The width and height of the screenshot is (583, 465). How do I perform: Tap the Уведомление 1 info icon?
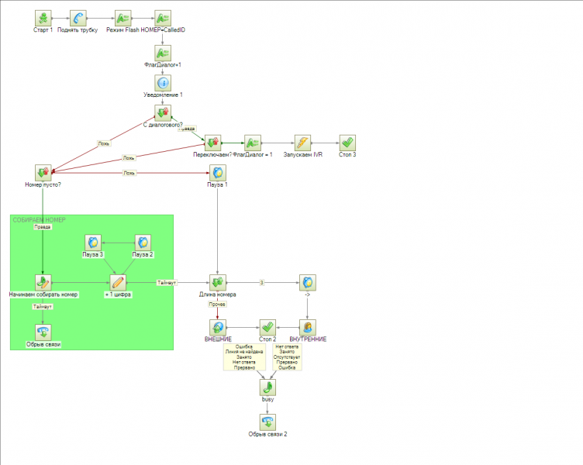[163, 83]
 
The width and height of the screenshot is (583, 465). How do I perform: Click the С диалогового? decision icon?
[163, 114]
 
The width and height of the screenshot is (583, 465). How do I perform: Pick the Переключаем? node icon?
[212, 143]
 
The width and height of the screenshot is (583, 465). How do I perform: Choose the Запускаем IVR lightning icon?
[302, 143]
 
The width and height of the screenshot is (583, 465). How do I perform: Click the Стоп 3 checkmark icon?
[348, 143]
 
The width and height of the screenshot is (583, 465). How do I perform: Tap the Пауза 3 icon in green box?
[93, 243]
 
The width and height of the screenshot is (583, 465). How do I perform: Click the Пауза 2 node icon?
[143, 243]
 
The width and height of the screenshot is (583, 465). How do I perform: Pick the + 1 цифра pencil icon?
[118, 282]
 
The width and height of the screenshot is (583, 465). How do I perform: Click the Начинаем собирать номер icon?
[43, 282]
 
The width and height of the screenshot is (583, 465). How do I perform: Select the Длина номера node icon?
[218, 282]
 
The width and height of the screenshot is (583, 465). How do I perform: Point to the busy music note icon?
[267, 387]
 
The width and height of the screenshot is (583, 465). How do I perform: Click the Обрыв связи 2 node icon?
[267, 422]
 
